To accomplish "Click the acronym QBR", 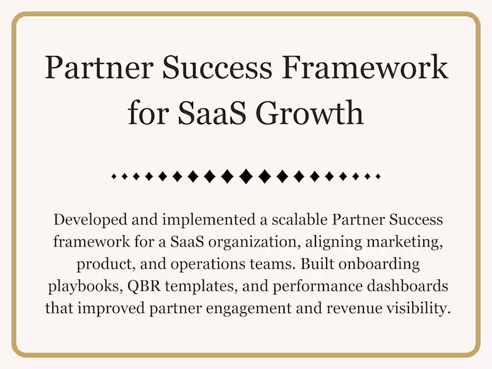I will pos(139,287).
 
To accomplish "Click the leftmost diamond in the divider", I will pos(114,177).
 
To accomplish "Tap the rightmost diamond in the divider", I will pos(378,177).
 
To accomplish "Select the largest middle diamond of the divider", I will pos(246,177).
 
